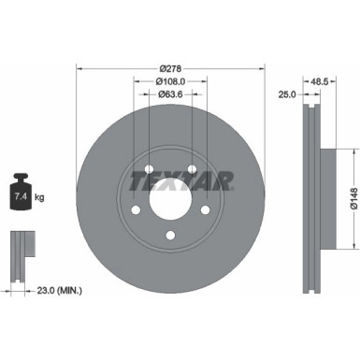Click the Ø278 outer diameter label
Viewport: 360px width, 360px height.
169,68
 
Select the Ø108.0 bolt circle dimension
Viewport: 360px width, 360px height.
169,81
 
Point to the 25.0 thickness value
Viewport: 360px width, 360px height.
287,94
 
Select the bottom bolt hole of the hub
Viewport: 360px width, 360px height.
169,237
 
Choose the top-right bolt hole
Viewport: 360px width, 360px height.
191,171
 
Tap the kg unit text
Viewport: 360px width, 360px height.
40,197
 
